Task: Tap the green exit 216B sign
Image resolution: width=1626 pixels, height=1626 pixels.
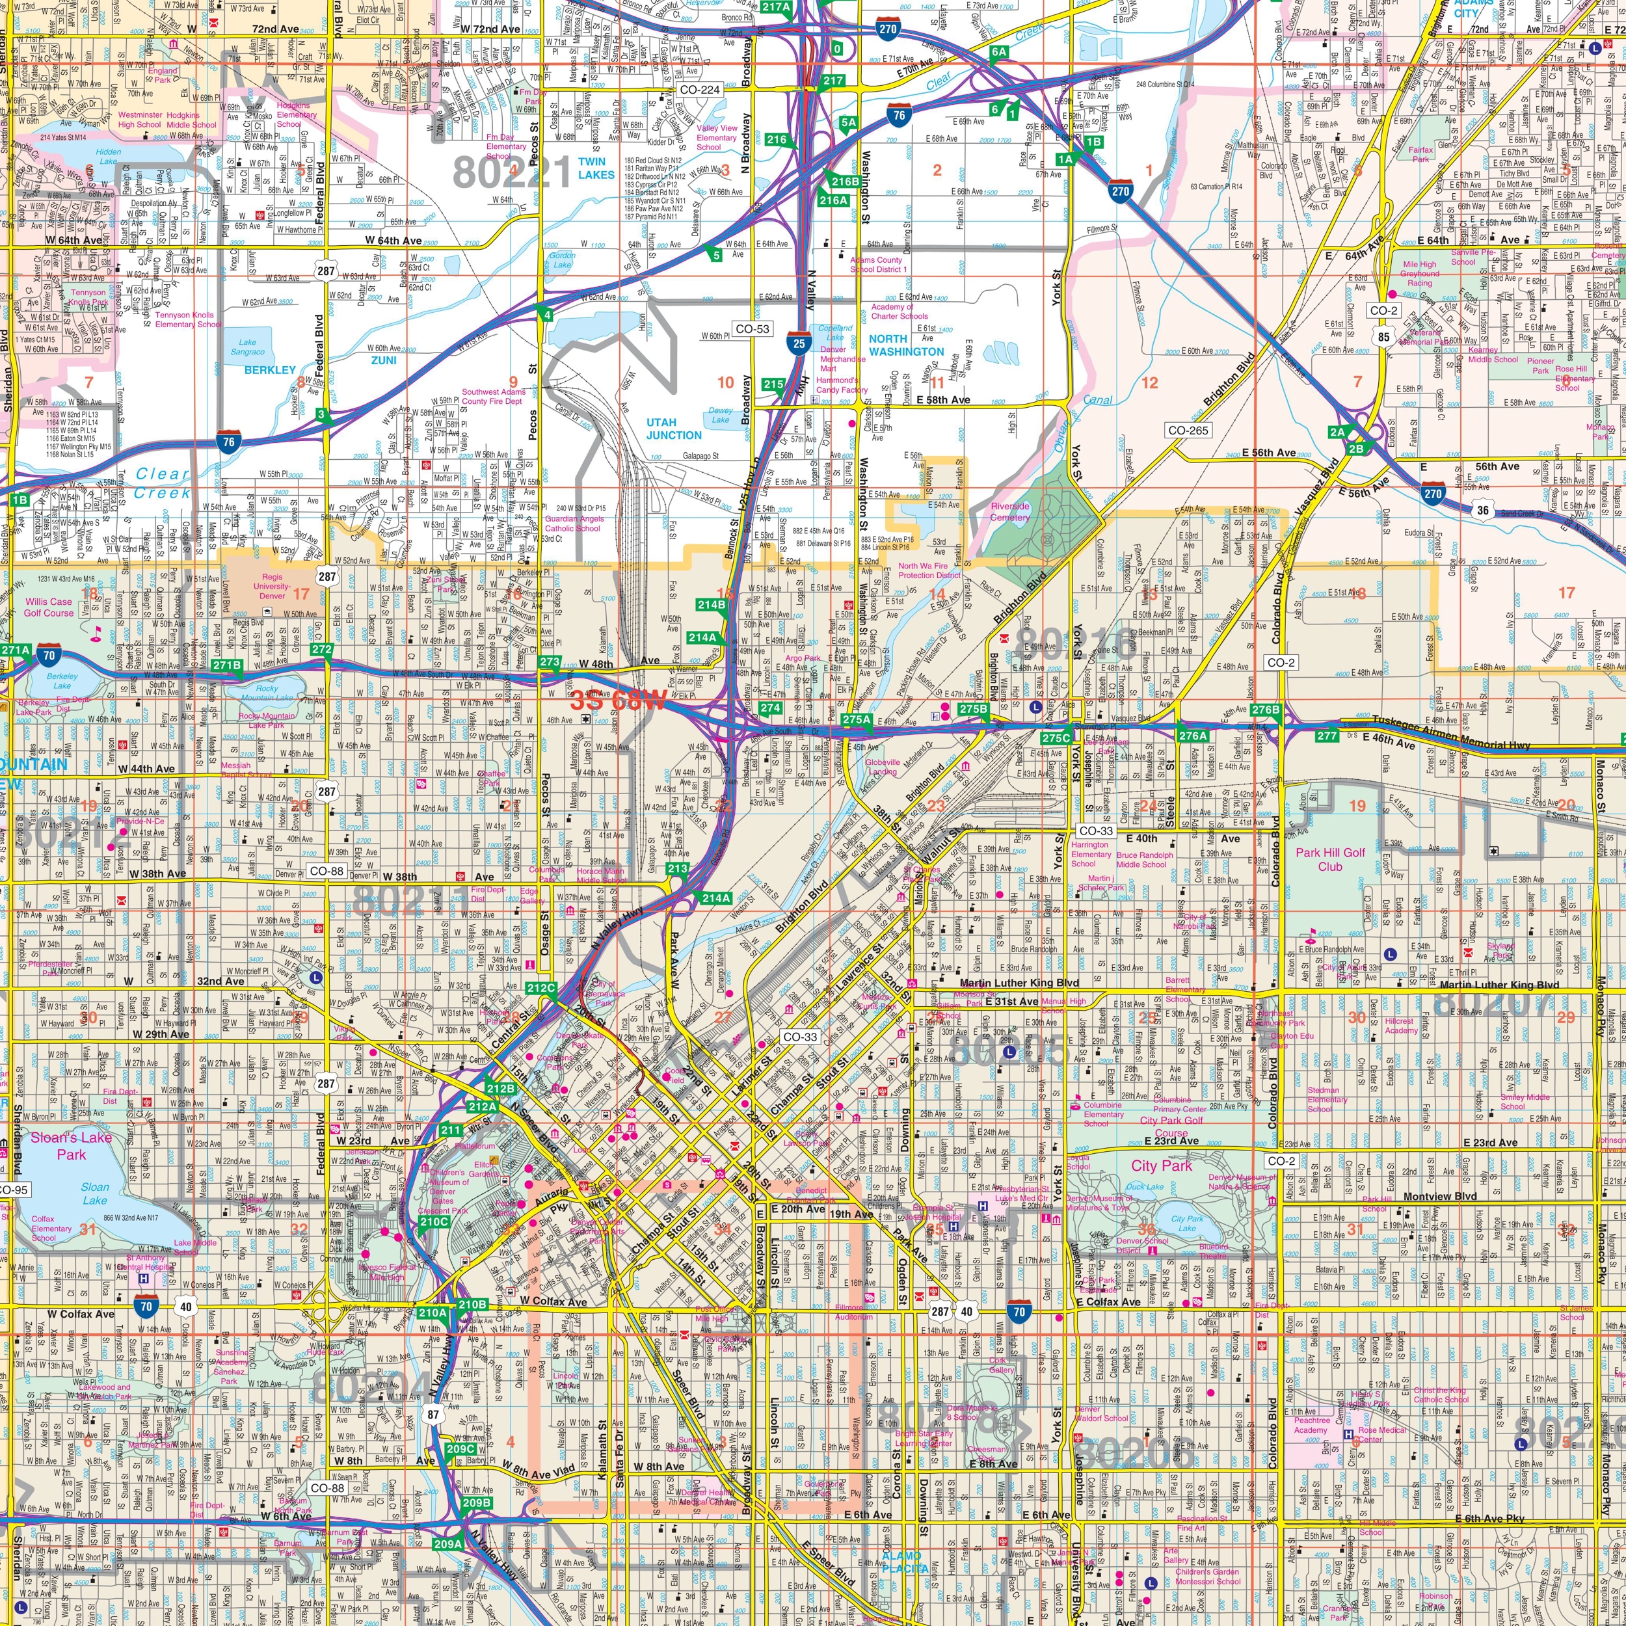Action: tap(844, 181)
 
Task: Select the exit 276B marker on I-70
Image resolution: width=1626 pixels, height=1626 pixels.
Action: tap(1265, 710)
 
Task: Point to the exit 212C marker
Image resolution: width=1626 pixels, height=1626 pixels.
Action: tap(540, 988)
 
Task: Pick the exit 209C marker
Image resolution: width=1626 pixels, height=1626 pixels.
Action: tap(461, 1448)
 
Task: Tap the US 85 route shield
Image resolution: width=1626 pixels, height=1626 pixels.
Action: tap(1383, 338)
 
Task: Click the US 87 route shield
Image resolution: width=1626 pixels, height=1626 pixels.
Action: tap(433, 1414)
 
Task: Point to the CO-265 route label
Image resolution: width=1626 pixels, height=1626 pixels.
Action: tap(1188, 430)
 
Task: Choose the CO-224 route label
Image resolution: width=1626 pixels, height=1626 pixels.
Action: tap(699, 89)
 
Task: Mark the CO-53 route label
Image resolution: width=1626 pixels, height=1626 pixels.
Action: tap(752, 329)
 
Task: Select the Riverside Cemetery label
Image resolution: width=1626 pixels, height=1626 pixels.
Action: tap(1010, 512)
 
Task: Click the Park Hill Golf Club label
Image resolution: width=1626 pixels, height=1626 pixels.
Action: tap(1330, 859)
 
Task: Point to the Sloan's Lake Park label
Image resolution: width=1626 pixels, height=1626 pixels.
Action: tap(72, 1145)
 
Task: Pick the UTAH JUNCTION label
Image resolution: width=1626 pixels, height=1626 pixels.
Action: tap(673, 429)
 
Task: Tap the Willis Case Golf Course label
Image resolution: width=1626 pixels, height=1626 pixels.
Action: tap(49, 607)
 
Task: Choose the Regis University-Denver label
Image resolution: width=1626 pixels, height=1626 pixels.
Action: tap(272, 586)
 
